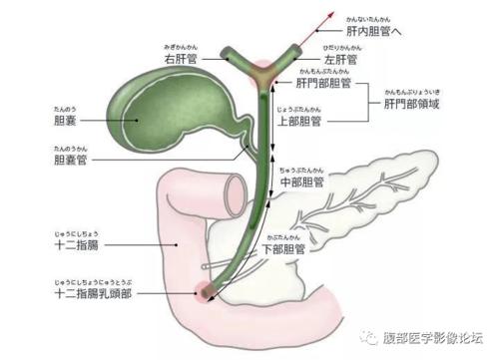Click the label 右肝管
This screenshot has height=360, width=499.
click(182, 60)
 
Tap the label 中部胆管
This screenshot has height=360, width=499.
click(303, 182)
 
